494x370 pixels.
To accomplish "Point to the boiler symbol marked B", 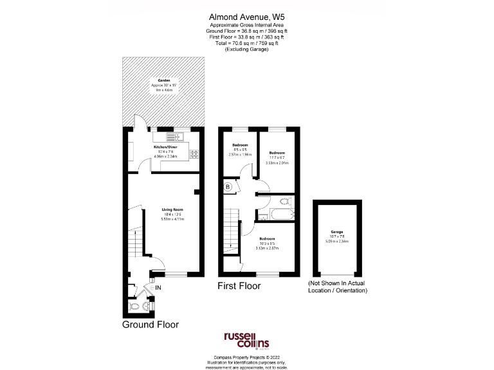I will [228, 187].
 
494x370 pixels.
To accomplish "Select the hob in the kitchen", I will [194, 153].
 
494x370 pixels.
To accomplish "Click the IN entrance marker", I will [158, 287].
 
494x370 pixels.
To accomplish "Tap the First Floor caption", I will [239, 286].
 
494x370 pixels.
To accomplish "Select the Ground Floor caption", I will [150, 325].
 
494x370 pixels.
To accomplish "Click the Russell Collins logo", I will [246, 340].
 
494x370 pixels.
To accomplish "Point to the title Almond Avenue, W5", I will [246, 17].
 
